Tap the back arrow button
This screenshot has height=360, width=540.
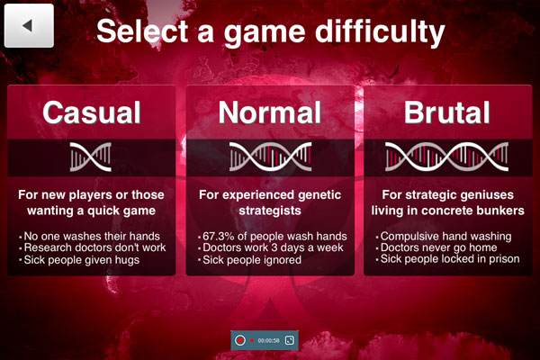[29, 25]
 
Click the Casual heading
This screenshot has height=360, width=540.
[92, 112]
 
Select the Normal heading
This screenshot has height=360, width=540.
[270, 112]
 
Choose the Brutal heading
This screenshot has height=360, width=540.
[447, 112]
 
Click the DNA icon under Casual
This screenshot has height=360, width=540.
[91, 157]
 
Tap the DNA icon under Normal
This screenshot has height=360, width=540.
[270, 157]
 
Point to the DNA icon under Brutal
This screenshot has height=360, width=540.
[446, 157]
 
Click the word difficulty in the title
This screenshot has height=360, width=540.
[380, 32]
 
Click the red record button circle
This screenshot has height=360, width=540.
[240, 340]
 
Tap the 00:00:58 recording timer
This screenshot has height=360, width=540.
[268, 341]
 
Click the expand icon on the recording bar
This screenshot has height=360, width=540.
[290, 340]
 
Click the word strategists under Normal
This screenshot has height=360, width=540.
[270, 211]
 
